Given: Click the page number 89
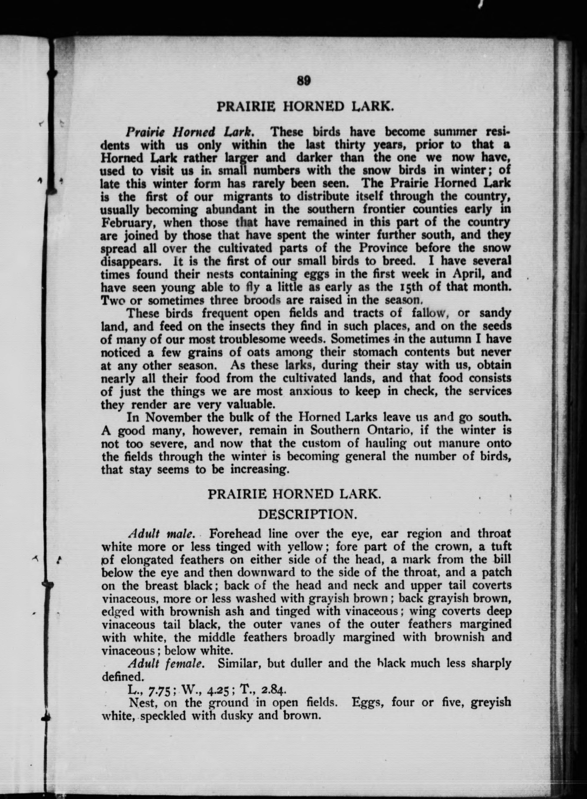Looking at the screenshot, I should [304, 81].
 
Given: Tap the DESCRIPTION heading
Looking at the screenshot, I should [307, 514].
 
